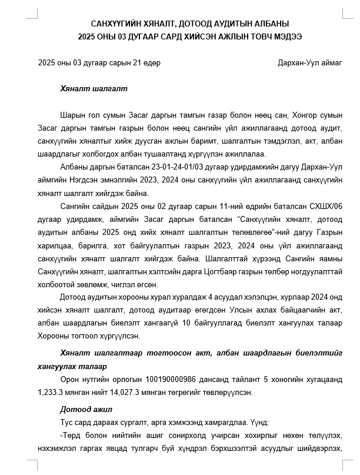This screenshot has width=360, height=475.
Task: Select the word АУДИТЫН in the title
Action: [x=225, y=24]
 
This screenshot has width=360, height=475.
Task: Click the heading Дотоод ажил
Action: [x=87, y=408]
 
